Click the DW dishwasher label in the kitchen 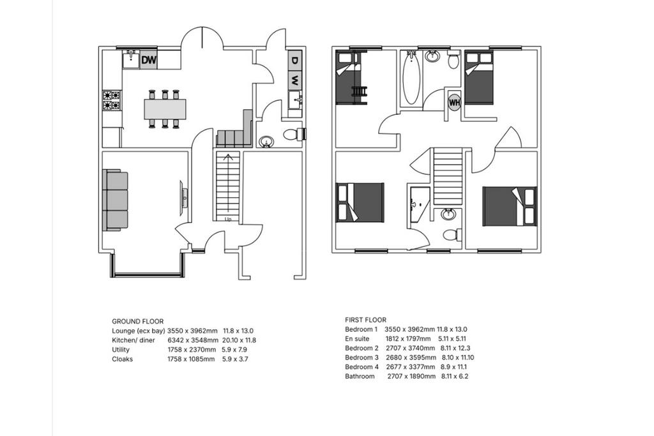point(148,60)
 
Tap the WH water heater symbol point(454,102)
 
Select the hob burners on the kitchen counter point(112,100)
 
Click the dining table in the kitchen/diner point(165,109)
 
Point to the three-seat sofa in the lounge point(115,200)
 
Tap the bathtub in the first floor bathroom point(411,78)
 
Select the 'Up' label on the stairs point(228,219)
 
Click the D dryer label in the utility point(295,60)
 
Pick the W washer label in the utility point(295,79)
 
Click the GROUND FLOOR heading point(138,321)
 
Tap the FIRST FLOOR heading point(366,320)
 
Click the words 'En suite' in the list point(357,338)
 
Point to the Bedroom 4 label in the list point(359,367)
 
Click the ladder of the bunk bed point(360,91)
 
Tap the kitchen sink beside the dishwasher point(132,59)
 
